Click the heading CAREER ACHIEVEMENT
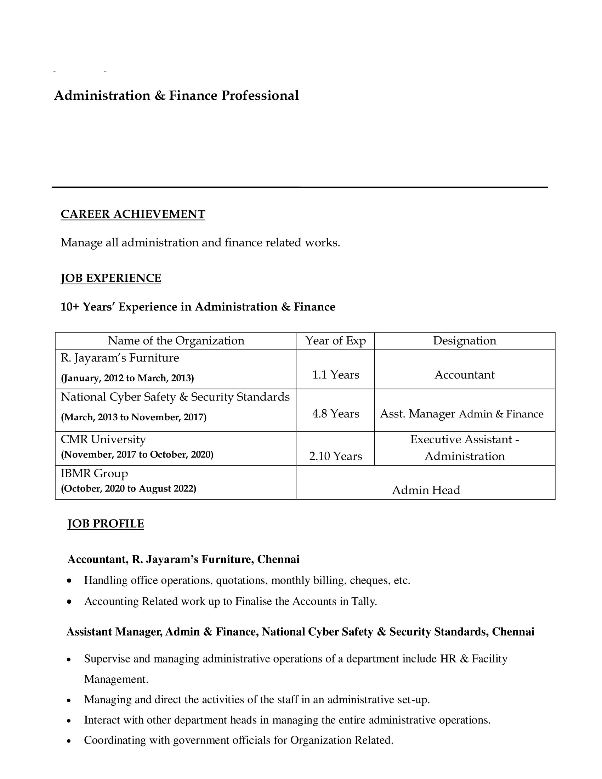[133, 214]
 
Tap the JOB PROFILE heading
[106, 524]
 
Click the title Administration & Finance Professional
[176, 96]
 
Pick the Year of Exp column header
[336, 341]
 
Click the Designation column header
[464, 341]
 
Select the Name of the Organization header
[176, 341]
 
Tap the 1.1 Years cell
[336, 375]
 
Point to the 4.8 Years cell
[336, 414]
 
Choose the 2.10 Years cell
[336, 456]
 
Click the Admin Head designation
[426, 490]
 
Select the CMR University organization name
[103, 439]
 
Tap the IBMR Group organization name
[94, 473]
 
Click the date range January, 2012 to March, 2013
[127, 378]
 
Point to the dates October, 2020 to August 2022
[129, 489]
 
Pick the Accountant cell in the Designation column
[464, 375]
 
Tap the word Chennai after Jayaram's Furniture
[278, 559]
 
